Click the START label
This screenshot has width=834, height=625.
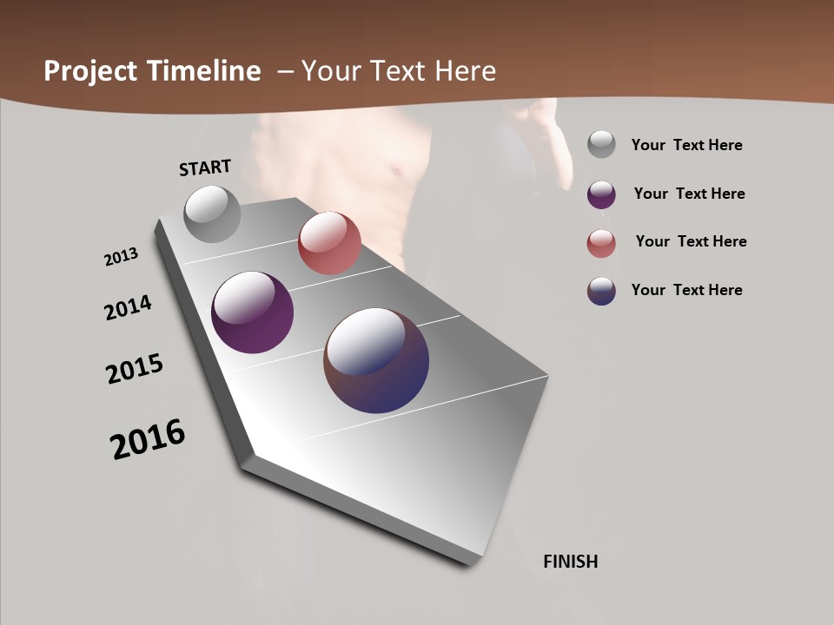(x=205, y=168)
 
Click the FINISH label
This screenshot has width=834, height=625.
(x=570, y=562)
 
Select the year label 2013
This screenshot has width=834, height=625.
(x=121, y=257)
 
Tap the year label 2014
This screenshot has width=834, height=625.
(x=128, y=307)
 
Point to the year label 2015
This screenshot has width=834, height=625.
(x=134, y=369)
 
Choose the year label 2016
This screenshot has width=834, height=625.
(x=148, y=439)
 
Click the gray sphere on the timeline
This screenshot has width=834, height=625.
(x=212, y=214)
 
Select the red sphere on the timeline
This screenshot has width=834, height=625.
(x=329, y=243)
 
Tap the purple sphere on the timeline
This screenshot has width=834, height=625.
(x=252, y=312)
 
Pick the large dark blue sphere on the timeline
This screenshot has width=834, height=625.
(x=376, y=360)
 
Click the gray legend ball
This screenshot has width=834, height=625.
(x=601, y=145)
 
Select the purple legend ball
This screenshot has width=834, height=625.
(x=601, y=194)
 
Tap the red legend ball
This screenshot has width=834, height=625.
(x=601, y=243)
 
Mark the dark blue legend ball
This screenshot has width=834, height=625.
(x=601, y=291)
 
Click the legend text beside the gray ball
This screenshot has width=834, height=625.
(x=686, y=146)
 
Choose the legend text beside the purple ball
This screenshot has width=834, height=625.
(x=689, y=194)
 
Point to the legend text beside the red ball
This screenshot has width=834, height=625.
(x=691, y=241)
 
